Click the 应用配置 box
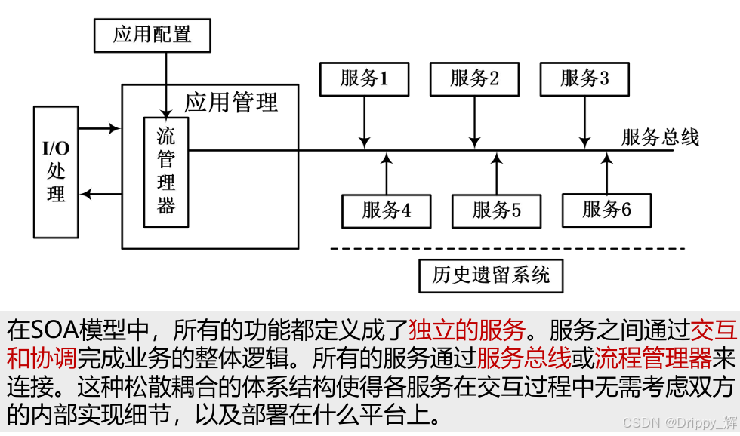coord(152,35)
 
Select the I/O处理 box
coord(56,171)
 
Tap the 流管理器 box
coord(166,172)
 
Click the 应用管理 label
coord(231,102)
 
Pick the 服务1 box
coord(364,78)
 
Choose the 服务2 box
coord(474,78)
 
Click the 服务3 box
coord(584,78)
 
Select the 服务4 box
coord(386,210)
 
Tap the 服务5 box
coord(496,210)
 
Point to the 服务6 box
coord(606,210)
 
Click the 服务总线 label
coord(660,137)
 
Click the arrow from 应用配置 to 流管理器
coord(165,83)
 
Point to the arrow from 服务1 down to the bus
coord(365,121)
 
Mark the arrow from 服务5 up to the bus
coord(496,173)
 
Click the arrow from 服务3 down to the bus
coord(584,121)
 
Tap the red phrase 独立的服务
coord(467,330)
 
